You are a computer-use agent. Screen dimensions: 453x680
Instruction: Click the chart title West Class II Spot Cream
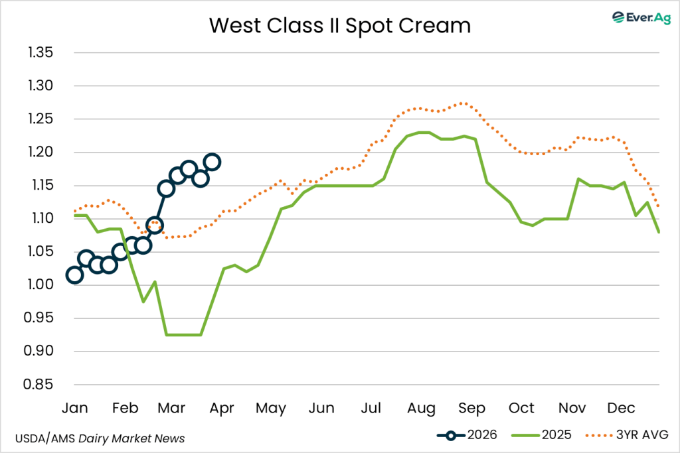(x=340, y=26)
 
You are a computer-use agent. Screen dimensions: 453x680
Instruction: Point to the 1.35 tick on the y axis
(x=40, y=53)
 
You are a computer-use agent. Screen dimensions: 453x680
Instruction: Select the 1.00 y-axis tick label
(x=40, y=285)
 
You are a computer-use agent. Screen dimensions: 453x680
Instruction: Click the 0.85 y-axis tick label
(x=40, y=385)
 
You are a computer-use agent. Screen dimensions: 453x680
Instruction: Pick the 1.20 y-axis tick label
(x=40, y=153)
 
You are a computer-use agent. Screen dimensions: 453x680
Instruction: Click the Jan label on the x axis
(x=74, y=408)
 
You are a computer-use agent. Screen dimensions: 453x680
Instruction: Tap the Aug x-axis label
(x=422, y=408)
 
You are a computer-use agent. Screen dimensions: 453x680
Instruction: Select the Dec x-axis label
(x=621, y=408)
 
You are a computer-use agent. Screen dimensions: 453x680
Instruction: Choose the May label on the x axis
(x=272, y=408)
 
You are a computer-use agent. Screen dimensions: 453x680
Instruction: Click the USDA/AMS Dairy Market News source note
(x=100, y=438)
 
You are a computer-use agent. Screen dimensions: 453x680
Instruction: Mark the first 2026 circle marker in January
(x=74, y=275)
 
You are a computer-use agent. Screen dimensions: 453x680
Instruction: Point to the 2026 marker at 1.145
(x=166, y=188)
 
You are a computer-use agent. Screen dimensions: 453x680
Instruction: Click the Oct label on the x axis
(x=522, y=408)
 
